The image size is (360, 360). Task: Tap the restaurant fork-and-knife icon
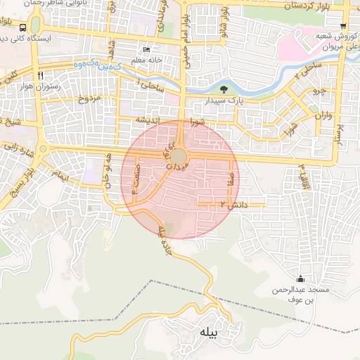[41, 75]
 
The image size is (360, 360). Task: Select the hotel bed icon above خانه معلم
[146, 49]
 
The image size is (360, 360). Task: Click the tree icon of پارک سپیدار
[224, 89]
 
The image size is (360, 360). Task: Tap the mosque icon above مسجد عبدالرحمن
[302, 278]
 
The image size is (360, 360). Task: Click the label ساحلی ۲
[307, 68]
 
